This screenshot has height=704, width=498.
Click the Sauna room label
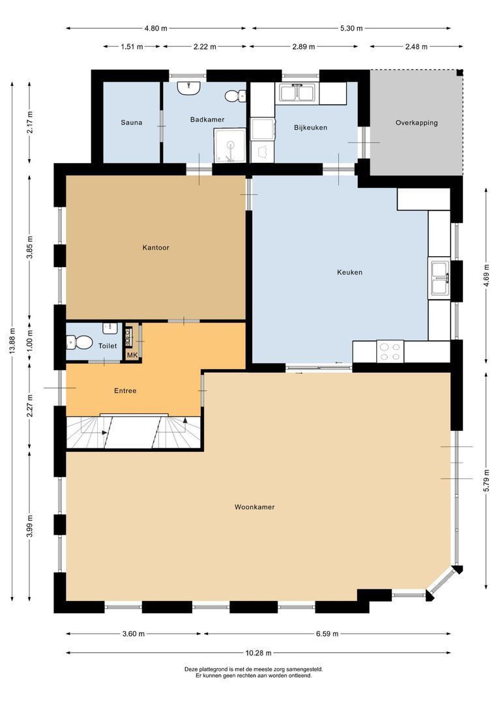(x=131, y=123)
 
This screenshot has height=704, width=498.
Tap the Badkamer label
(x=203, y=119)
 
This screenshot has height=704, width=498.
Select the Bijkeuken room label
(x=310, y=128)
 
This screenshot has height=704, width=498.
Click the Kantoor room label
(x=156, y=248)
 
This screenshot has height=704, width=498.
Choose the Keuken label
(x=349, y=272)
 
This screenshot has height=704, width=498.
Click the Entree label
(x=125, y=391)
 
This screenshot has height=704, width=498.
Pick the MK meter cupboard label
(x=132, y=355)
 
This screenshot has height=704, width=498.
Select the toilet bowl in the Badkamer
(x=233, y=96)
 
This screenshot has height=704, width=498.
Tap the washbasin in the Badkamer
(x=189, y=87)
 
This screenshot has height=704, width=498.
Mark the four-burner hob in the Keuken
(x=390, y=352)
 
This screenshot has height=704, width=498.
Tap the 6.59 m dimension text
(x=327, y=634)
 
